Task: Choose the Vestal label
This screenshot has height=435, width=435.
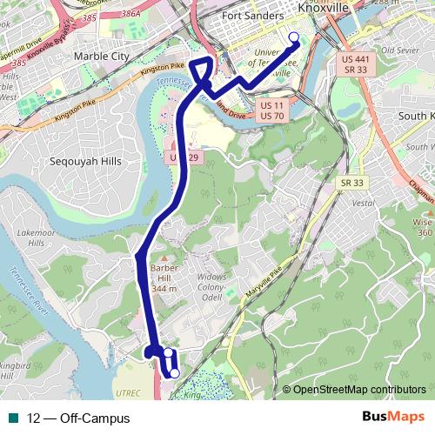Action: (363, 202)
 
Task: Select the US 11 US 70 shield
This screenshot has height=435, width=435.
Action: (271, 109)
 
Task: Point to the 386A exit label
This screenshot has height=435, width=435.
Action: (130, 14)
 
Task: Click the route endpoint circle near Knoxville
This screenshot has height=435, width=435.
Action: (293, 37)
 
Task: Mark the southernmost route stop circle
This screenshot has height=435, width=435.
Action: (174, 373)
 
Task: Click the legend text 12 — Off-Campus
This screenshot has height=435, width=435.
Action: (78, 418)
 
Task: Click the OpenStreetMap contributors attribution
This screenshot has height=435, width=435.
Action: (358, 389)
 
